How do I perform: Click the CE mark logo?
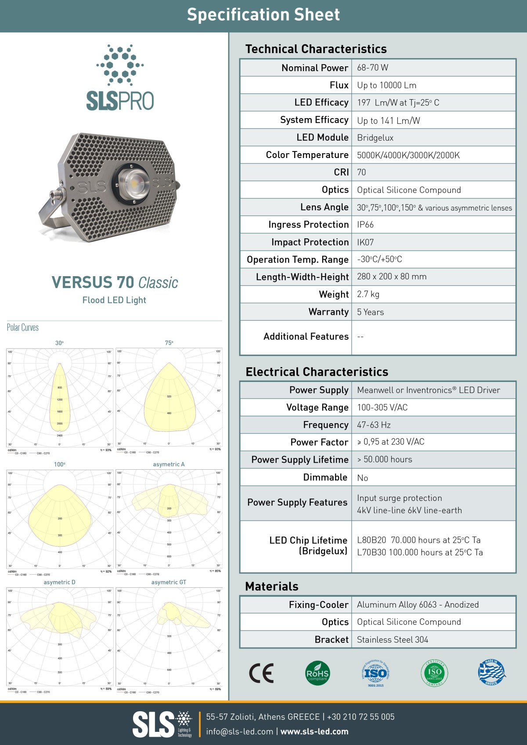click(261, 673)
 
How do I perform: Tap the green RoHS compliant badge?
click(317, 673)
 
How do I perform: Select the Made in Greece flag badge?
click(491, 672)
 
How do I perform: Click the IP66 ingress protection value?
click(365, 225)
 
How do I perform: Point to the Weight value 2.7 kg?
click(368, 294)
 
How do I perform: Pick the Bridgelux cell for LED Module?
click(375, 138)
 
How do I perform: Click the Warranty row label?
click(328, 312)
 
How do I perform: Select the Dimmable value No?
click(362, 478)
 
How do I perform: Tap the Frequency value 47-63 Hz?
click(374, 425)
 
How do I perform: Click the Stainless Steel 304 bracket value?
click(392, 640)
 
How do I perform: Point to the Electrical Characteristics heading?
click(317, 372)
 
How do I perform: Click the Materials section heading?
click(271, 587)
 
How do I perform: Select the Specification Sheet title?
click(263, 15)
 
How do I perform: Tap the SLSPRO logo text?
click(120, 101)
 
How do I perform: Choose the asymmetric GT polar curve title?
click(169, 582)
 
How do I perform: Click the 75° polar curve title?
click(169, 343)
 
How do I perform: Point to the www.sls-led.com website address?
click(314, 731)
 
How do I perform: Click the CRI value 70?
click(361, 173)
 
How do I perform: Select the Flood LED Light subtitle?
click(114, 300)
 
